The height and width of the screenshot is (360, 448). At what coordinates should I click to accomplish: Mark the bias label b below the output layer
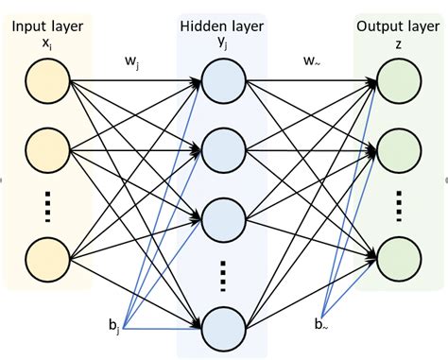click(325, 325)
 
